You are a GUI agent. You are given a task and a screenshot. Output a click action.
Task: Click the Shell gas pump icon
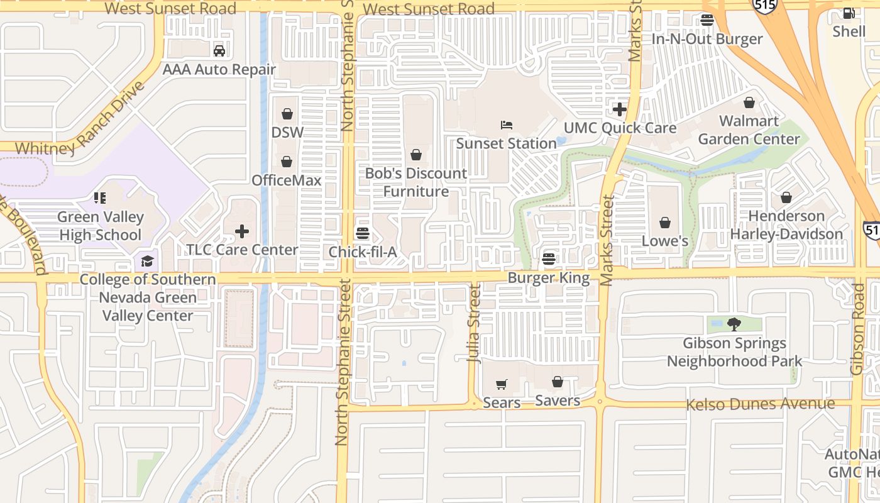point(849,13)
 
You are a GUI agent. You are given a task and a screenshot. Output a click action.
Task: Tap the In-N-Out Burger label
point(707,39)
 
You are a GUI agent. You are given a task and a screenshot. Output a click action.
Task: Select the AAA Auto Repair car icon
point(219,51)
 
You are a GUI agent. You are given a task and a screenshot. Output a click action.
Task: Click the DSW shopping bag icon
point(287,114)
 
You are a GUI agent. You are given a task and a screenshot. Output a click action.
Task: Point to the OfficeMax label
point(287,180)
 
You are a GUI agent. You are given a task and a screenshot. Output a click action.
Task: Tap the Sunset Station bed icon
point(507,125)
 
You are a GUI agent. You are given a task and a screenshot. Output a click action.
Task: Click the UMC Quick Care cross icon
point(620,109)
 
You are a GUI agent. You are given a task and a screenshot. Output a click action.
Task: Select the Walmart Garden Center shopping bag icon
point(749,102)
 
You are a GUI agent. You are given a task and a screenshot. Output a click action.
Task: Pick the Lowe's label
point(665,241)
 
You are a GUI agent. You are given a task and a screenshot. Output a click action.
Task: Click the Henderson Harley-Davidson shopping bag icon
point(786,198)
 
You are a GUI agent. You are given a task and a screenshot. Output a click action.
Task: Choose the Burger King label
point(549,278)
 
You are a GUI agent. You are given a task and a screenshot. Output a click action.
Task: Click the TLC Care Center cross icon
point(242,231)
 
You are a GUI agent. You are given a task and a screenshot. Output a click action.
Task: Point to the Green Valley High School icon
point(100,199)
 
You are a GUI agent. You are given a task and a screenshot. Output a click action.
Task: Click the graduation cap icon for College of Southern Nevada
point(147,261)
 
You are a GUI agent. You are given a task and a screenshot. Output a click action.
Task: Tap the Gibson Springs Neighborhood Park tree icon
point(734,324)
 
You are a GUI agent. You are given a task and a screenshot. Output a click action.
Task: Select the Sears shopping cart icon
point(501,384)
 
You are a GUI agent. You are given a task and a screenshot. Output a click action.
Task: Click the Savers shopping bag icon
point(557,382)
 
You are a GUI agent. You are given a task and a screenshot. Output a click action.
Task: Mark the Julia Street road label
point(475,324)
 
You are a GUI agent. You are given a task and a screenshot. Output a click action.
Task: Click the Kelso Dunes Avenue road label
point(760,404)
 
